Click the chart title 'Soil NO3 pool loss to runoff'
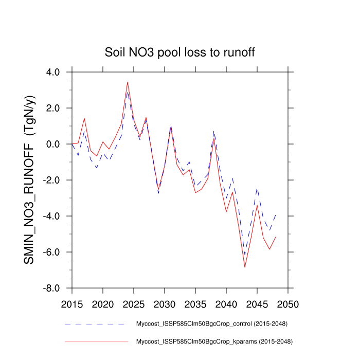[180, 52]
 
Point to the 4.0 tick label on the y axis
[53, 73]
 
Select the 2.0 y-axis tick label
[53, 109]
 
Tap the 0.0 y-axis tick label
[53, 145]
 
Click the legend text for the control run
[211, 324]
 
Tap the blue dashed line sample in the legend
[95, 324]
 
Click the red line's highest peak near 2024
[128, 82]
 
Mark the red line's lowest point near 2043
[245, 267]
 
